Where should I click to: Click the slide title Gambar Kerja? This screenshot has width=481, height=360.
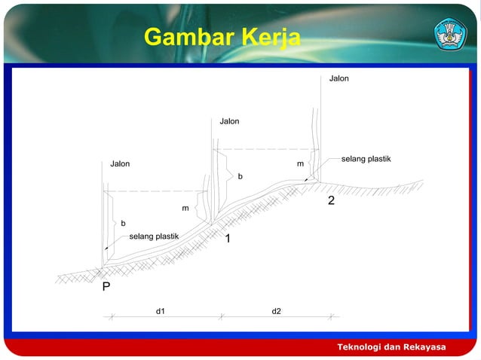(x=222, y=37)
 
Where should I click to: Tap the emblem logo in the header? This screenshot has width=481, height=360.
(x=451, y=34)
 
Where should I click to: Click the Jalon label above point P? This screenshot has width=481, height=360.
(x=120, y=163)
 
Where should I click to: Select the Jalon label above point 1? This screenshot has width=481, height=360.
(x=229, y=121)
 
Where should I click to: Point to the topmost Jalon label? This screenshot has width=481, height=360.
(x=339, y=78)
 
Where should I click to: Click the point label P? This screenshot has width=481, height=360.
(x=106, y=286)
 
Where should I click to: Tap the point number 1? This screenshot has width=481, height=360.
(x=226, y=239)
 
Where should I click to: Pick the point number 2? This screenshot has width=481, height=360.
(x=330, y=202)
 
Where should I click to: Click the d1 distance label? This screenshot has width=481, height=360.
(x=161, y=311)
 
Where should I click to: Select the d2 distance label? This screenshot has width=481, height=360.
(x=276, y=311)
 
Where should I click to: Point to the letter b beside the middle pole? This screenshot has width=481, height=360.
(x=240, y=176)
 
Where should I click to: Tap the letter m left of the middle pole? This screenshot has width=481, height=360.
(x=185, y=208)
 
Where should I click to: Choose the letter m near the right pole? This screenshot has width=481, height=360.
(x=300, y=163)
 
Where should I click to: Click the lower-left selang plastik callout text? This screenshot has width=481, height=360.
(x=154, y=236)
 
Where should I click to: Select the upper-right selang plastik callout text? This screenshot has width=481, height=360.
(x=366, y=159)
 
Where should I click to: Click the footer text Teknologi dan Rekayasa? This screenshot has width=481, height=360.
(x=391, y=346)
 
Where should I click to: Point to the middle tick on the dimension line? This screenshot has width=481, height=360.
(x=220, y=318)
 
